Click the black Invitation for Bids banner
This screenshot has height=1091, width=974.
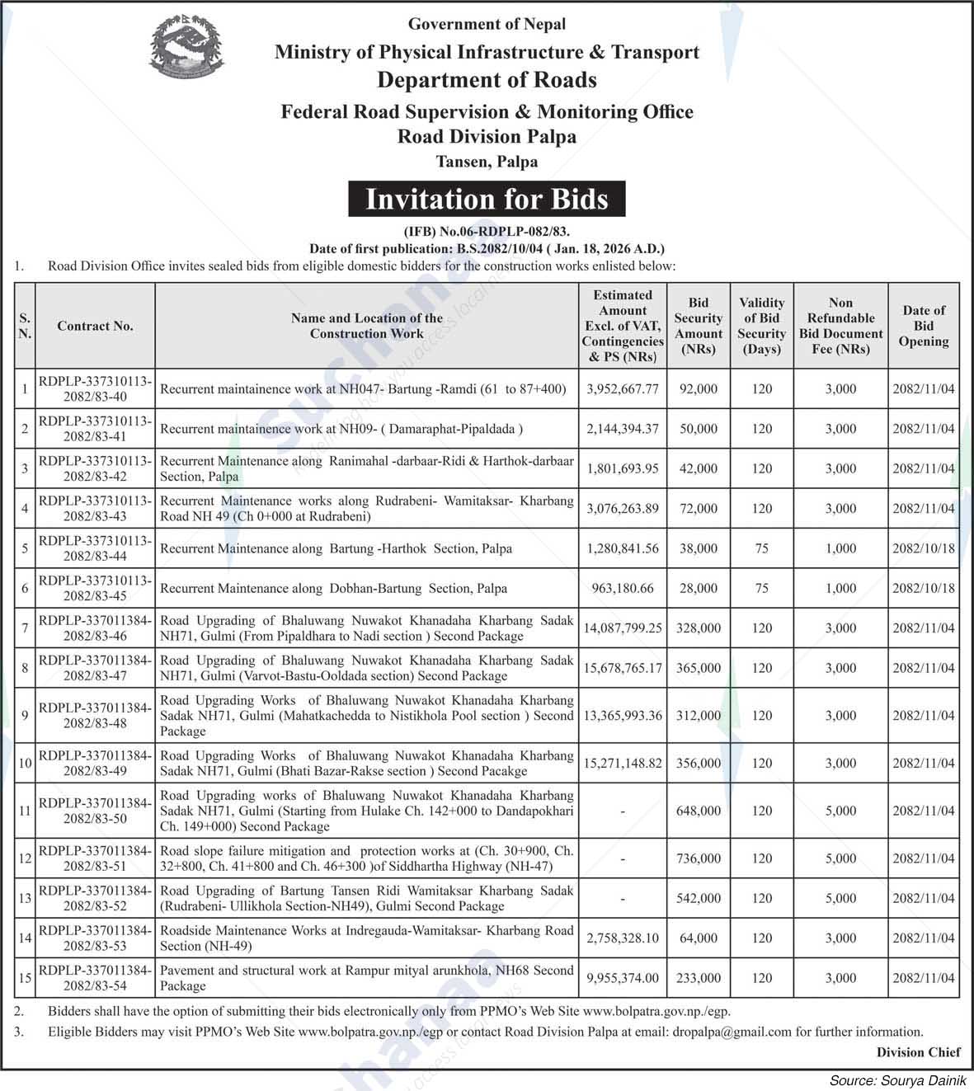486,200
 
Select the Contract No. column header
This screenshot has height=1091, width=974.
95,326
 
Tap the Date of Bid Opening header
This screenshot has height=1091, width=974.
923,326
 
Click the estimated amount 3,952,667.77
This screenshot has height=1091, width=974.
622,388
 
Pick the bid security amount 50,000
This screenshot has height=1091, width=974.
698,429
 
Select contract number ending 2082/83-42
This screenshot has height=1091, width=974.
95,468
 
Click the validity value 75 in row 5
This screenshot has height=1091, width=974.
761,548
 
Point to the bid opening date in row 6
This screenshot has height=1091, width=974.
923,588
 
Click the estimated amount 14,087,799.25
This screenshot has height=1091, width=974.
622,628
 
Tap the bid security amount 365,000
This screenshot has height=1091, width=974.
698,668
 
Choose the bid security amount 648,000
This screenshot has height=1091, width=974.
698,811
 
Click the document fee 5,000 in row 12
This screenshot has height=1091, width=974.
840,858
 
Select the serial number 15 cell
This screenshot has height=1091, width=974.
25,978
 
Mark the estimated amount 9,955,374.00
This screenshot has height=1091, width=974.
622,978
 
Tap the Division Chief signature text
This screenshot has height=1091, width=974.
918,1051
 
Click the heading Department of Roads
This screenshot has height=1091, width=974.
487,80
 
